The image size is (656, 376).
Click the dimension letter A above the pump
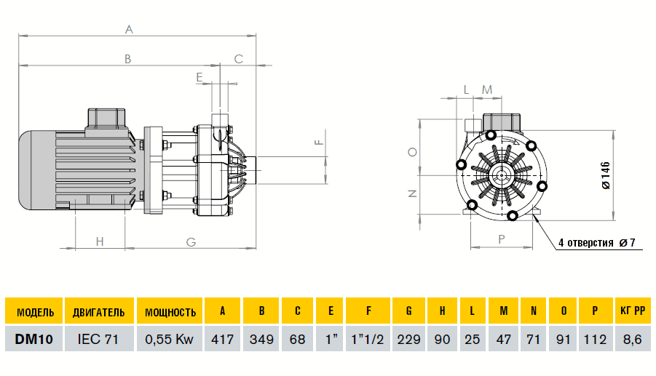coord(129,30)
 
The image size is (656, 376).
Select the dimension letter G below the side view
coord(191,241)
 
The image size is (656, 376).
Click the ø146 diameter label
coord(606,175)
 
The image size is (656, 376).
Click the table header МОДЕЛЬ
coord(34,312)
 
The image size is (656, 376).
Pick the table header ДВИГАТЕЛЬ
coord(98,312)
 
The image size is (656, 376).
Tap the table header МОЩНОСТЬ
coord(170,312)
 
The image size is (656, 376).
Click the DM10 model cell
coord(34,339)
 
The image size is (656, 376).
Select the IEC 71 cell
coord(98,339)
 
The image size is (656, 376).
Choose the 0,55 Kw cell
coord(170,339)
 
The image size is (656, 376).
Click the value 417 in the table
coord(222,339)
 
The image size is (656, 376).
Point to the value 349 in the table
coord(261,339)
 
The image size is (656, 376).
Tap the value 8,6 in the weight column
coord(631,339)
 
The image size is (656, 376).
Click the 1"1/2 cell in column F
coord(368,339)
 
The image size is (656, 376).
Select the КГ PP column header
coord(631,312)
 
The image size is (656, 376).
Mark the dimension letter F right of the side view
coord(317,142)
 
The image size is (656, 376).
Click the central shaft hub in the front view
coord(500,175)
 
